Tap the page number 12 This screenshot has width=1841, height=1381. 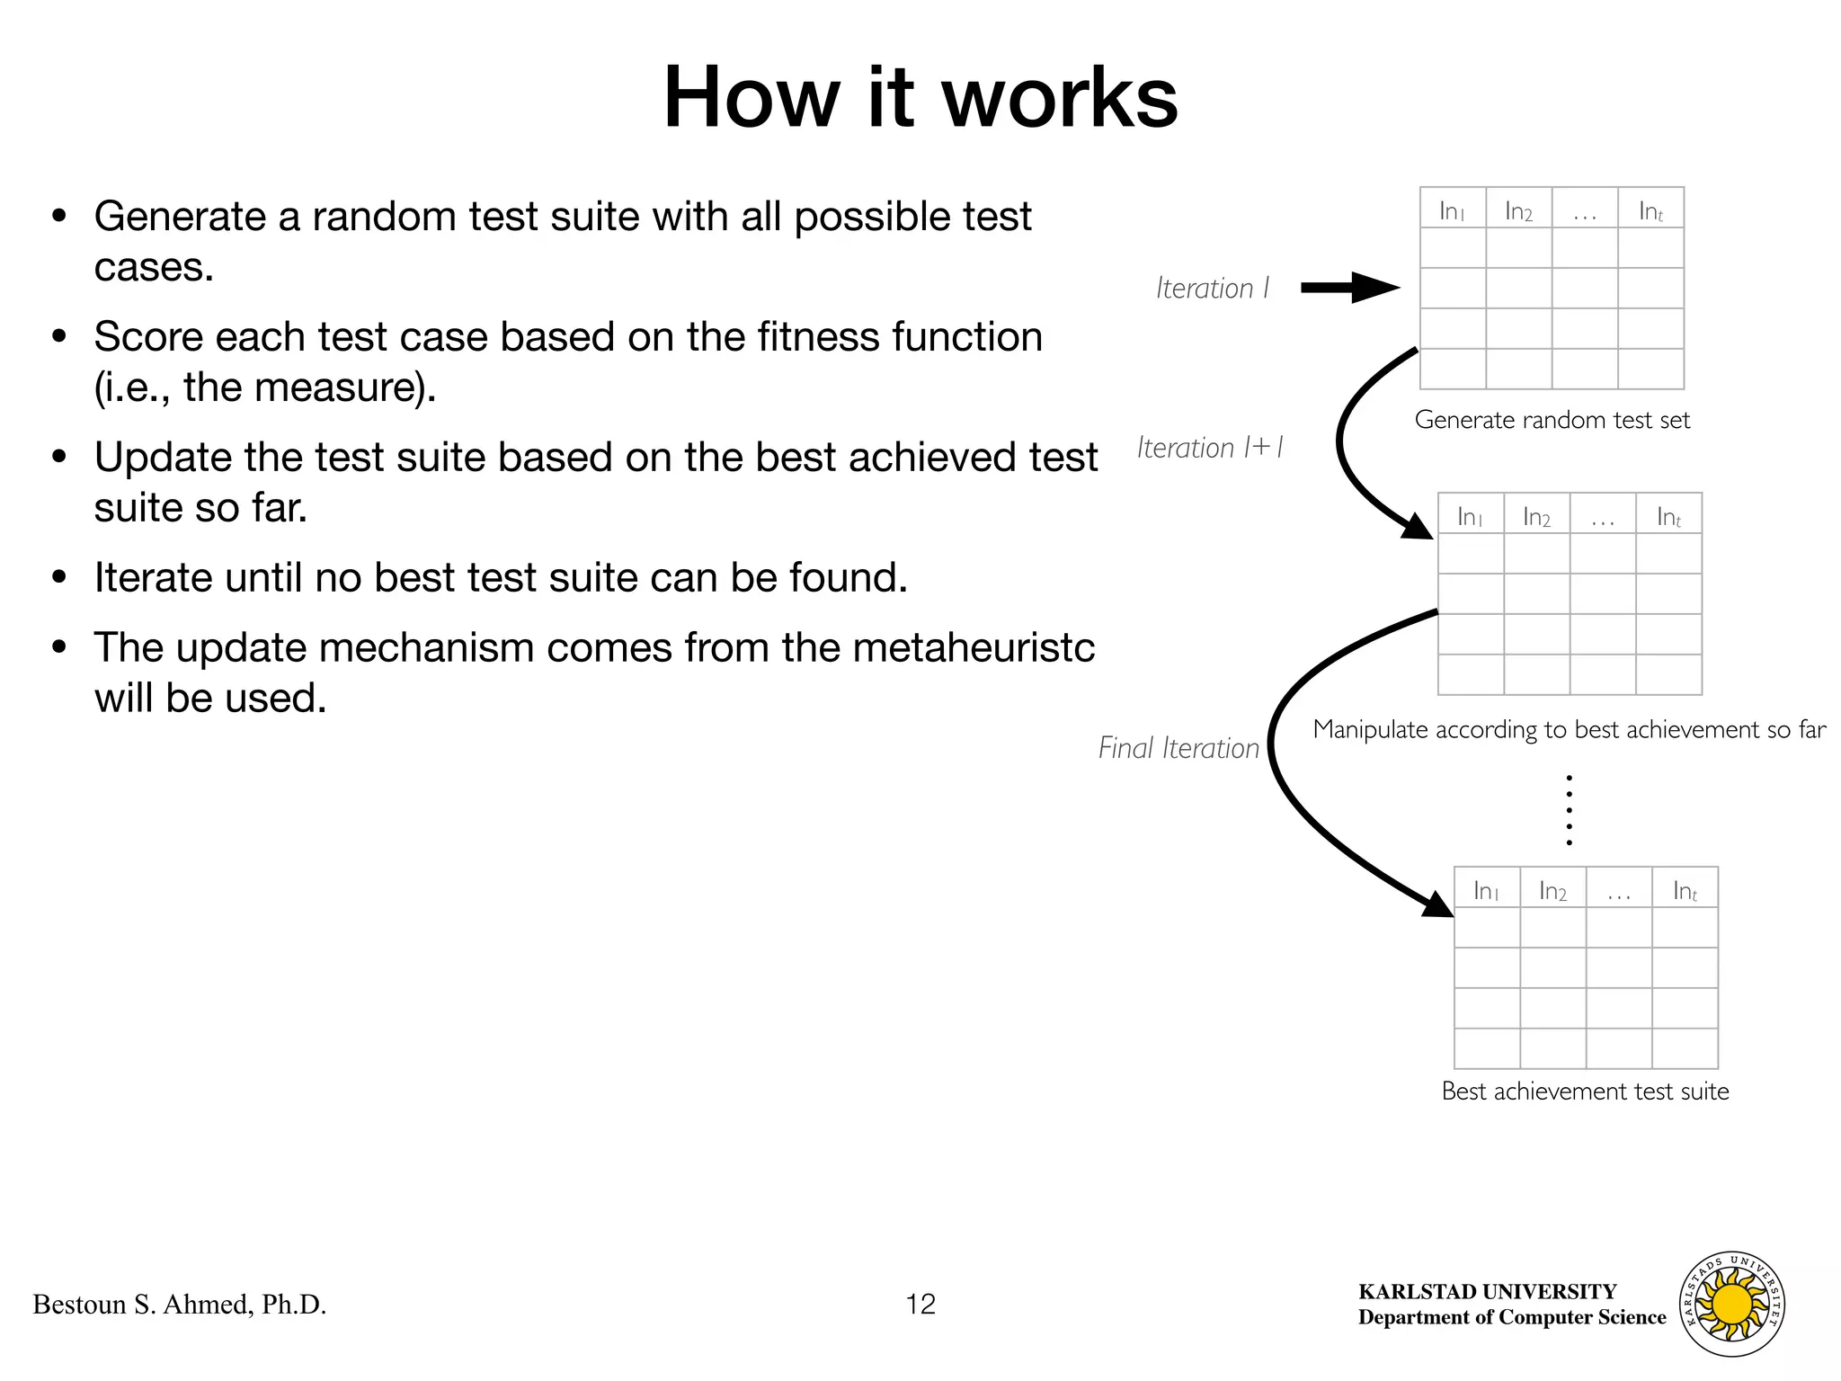point(920,1304)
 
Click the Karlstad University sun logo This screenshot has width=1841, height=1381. point(1732,1304)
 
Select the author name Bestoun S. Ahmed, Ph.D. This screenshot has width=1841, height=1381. point(180,1304)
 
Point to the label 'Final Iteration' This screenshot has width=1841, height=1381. point(1178,748)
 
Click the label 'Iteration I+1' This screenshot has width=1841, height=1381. point(1210,448)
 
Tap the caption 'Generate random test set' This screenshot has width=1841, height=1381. point(1552,420)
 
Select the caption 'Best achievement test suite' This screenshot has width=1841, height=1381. point(1585,1091)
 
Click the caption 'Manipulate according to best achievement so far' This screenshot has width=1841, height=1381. point(1569,729)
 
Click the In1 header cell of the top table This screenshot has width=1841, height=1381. point(1452,210)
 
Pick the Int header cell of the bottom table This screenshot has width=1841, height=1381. point(1685,890)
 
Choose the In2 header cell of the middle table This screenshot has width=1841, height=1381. point(1536,516)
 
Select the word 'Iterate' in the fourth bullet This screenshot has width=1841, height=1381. point(153,577)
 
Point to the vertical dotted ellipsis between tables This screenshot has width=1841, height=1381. point(1569,809)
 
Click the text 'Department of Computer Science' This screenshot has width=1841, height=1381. point(1512,1317)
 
